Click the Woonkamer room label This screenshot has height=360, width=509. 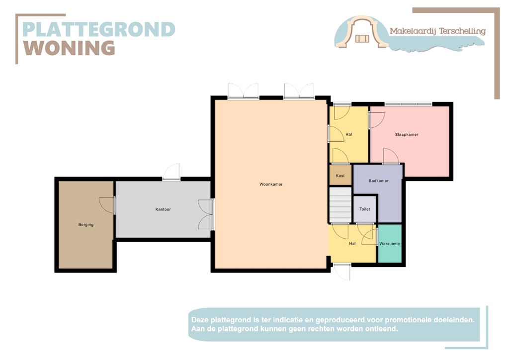(x=271, y=184)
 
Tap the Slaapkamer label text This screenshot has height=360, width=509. (x=407, y=134)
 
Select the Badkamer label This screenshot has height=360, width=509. (x=379, y=181)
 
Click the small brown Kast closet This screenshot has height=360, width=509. (x=340, y=176)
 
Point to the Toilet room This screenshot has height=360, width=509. (x=365, y=209)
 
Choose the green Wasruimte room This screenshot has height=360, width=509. (x=390, y=244)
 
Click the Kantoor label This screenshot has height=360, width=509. (x=163, y=209)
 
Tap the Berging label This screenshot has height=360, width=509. (x=86, y=225)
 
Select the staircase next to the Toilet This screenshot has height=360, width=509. (x=340, y=205)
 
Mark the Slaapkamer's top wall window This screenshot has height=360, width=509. (x=408, y=104)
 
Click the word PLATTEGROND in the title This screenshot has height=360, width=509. (x=99, y=29)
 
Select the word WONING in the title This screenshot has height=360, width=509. (x=70, y=48)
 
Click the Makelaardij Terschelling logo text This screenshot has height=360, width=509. (x=437, y=31)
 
